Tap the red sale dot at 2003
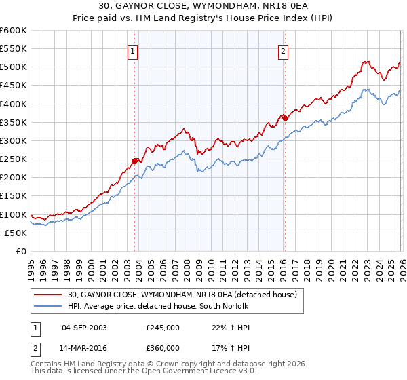click(134, 161)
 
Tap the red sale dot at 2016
click(285, 118)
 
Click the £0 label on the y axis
click(21, 251)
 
